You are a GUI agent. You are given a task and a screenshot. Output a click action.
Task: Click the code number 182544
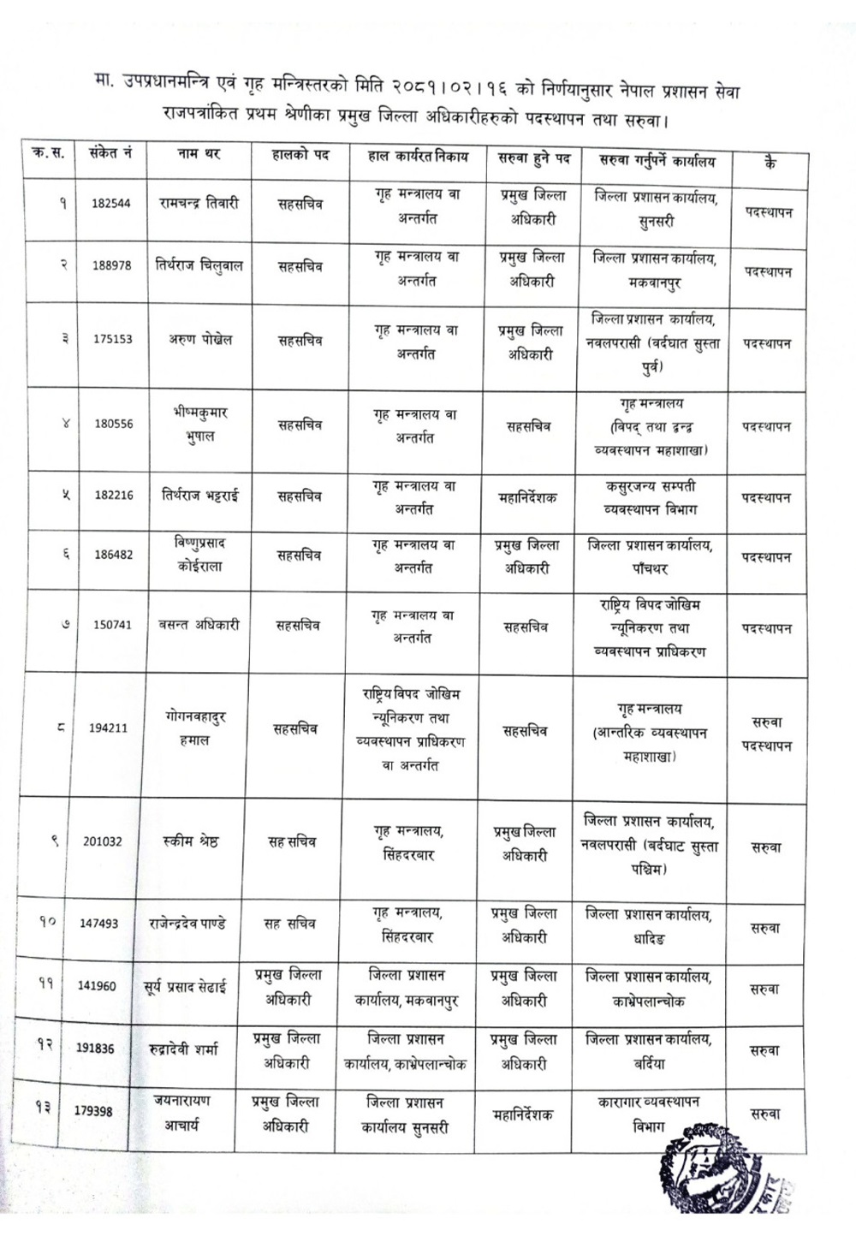(x=111, y=204)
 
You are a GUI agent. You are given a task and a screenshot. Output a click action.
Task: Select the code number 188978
(x=112, y=265)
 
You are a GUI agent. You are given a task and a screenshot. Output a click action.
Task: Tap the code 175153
(x=113, y=339)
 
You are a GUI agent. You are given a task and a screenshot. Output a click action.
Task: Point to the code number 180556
(x=114, y=424)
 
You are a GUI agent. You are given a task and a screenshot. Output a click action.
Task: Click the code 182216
(x=114, y=495)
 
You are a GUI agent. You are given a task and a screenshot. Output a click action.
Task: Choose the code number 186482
(x=114, y=555)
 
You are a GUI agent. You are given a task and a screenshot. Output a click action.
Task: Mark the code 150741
(x=113, y=625)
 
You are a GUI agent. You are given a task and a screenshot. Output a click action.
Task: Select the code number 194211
(x=108, y=728)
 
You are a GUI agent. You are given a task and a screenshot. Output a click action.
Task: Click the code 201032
(x=103, y=841)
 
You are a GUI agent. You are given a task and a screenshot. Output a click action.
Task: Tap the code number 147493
(x=99, y=924)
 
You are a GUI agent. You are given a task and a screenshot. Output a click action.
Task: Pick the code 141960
(x=97, y=985)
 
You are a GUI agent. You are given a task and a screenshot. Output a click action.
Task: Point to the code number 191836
(x=95, y=1049)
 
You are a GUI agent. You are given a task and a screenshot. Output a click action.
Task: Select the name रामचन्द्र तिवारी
(x=199, y=204)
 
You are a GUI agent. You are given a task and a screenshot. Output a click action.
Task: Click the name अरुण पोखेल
(x=199, y=339)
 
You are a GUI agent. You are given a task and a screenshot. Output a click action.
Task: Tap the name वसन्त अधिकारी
(x=199, y=625)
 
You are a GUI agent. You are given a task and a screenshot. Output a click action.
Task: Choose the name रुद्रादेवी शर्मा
(x=194, y=1049)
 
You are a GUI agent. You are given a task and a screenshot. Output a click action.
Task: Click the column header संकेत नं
(x=110, y=155)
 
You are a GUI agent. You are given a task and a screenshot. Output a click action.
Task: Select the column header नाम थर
(x=199, y=156)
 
